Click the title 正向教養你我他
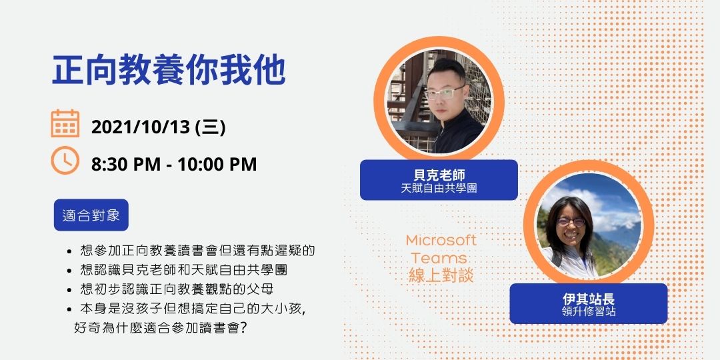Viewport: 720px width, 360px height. click(x=169, y=71)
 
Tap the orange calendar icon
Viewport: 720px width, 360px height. click(x=65, y=124)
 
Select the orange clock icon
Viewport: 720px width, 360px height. click(x=65, y=161)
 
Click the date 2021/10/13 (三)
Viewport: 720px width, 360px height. click(x=158, y=127)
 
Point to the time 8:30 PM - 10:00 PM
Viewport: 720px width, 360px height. click(x=174, y=164)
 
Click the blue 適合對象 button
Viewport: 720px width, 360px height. click(x=91, y=215)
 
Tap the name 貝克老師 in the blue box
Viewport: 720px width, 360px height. click(x=439, y=175)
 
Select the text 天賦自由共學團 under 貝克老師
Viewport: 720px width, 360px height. click(x=439, y=189)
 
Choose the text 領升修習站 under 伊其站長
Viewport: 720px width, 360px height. click(x=588, y=311)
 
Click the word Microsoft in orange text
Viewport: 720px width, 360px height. click(x=441, y=240)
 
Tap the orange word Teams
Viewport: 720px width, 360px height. click(x=439, y=258)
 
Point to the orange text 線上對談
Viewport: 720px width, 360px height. click(x=441, y=275)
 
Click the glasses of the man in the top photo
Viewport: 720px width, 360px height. click(x=445, y=91)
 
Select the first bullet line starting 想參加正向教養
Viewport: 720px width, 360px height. click(x=197, y=251)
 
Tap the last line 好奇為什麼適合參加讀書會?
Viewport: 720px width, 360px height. click(x=161, y=328)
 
